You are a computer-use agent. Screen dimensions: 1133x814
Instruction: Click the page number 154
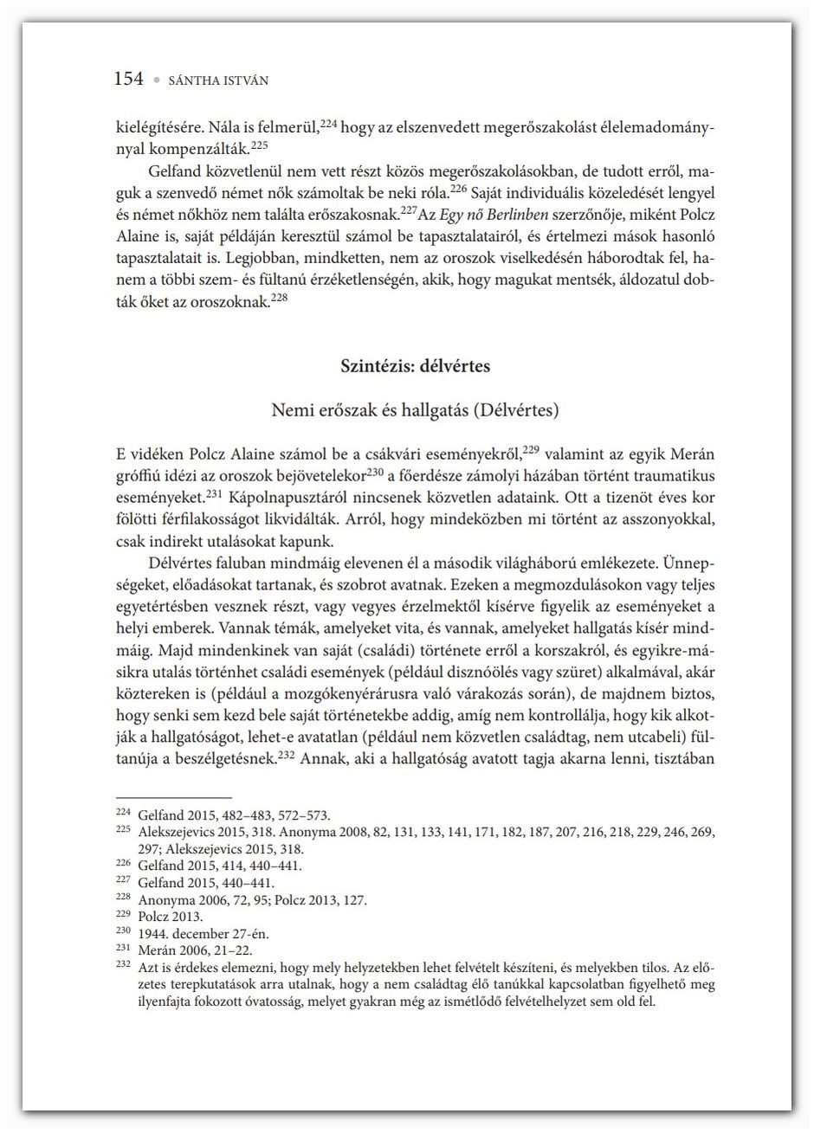129,79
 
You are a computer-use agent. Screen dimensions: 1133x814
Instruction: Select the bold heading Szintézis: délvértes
416,366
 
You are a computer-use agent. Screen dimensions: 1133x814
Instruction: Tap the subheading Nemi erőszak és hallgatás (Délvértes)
416,409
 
